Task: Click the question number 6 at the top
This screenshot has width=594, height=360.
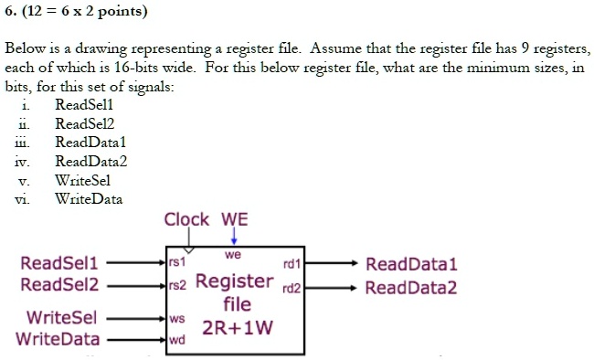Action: [x=8, y=13]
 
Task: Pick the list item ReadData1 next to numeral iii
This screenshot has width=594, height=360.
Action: [x=90, y=143]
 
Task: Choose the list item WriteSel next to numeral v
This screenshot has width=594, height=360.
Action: [x=83, y=180]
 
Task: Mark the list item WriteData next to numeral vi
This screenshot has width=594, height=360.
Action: [x=89, y=198]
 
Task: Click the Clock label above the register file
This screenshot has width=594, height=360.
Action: [x=186, y=220]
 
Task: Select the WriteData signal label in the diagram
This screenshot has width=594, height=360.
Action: [x=57, y=340]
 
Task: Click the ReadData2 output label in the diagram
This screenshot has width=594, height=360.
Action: [x=410, y=289]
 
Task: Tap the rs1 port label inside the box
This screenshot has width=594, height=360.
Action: [x=177, y=262]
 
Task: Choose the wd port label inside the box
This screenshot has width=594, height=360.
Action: [x=177, y=340]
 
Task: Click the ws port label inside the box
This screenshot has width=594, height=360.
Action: [x=177, y=320]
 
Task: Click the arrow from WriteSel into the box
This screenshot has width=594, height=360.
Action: [x=137, y=320]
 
